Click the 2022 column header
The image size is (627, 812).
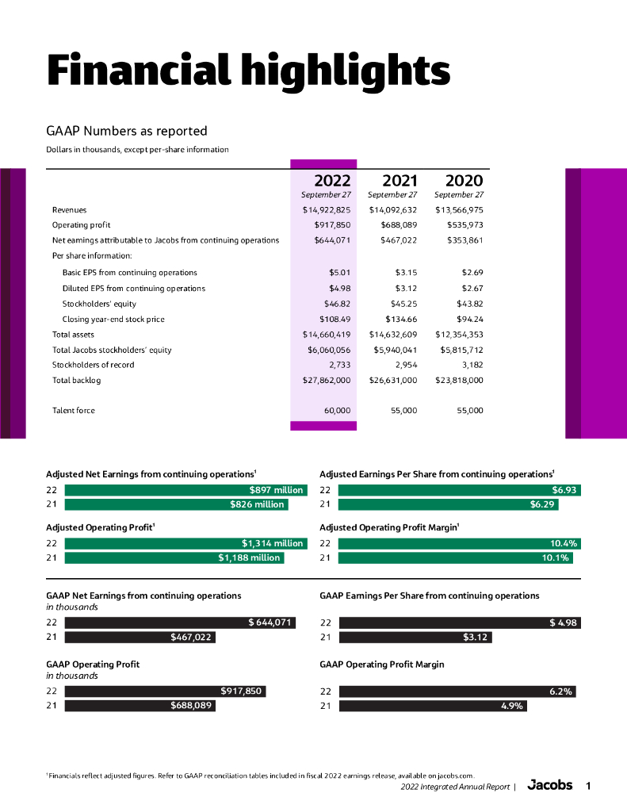pos(332,181)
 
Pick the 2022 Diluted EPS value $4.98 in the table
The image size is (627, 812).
pos(339,289)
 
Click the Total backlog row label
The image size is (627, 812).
pos(77,381)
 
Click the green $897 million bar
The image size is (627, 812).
pos(185,490)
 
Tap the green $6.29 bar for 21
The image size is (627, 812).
pos(449,504)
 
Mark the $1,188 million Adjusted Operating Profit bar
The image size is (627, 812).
pos(174,557)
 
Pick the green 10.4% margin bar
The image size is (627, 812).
pos(460,543)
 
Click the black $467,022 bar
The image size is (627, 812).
pos(140,637)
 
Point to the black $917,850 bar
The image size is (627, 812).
pos(164,691)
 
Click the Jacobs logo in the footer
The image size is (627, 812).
pos(549,786)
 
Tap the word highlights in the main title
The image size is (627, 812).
pos(342,71)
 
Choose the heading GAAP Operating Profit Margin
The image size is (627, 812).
pos(381,664)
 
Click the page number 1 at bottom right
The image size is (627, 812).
pos(588,786)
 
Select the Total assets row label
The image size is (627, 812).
pos(73,335)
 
